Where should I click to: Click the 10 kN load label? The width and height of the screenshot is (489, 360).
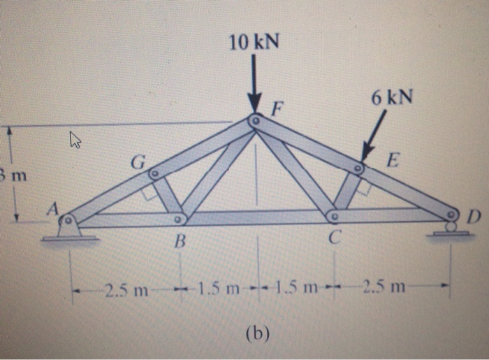tap(254, 43)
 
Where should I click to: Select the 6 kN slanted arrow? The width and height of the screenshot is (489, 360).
tap(372, 138)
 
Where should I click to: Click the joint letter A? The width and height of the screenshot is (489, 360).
tap(52, 208)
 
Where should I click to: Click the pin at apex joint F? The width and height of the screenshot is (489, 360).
tap(256, 122)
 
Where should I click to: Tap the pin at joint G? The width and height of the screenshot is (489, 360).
tap(154, 173)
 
